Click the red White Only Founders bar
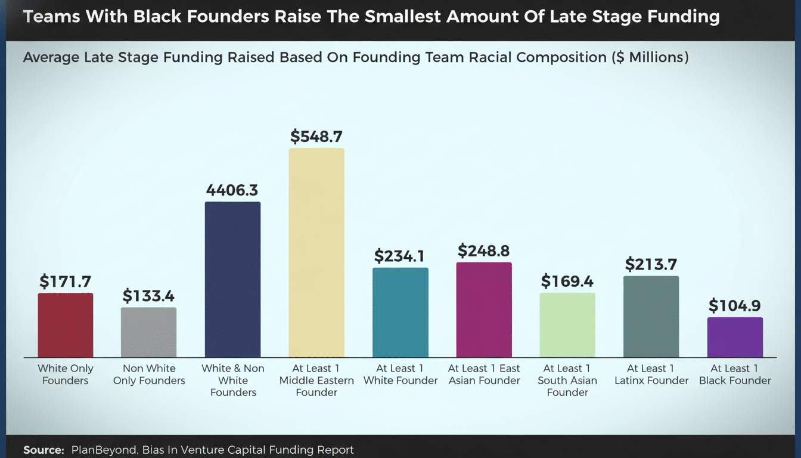[x=66, y=325]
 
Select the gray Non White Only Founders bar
[x=149, y=332]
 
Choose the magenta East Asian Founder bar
[x=484, y=310]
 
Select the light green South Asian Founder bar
[x=567, y=325]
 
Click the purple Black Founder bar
[x=735, y=337]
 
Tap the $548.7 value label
[x=316, y=137]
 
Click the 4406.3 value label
[x=232, y=190]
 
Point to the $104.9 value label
[x=735, y=306]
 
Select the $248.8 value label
[x=484, y=251]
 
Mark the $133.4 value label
[x=149, y=296]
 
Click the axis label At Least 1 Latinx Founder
[x=651, y=375]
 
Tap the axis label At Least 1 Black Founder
[x=735, y=375]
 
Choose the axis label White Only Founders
[x=66, y=375]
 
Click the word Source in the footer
[x=43, y=450]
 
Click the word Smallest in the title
[x=405, y=16]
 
